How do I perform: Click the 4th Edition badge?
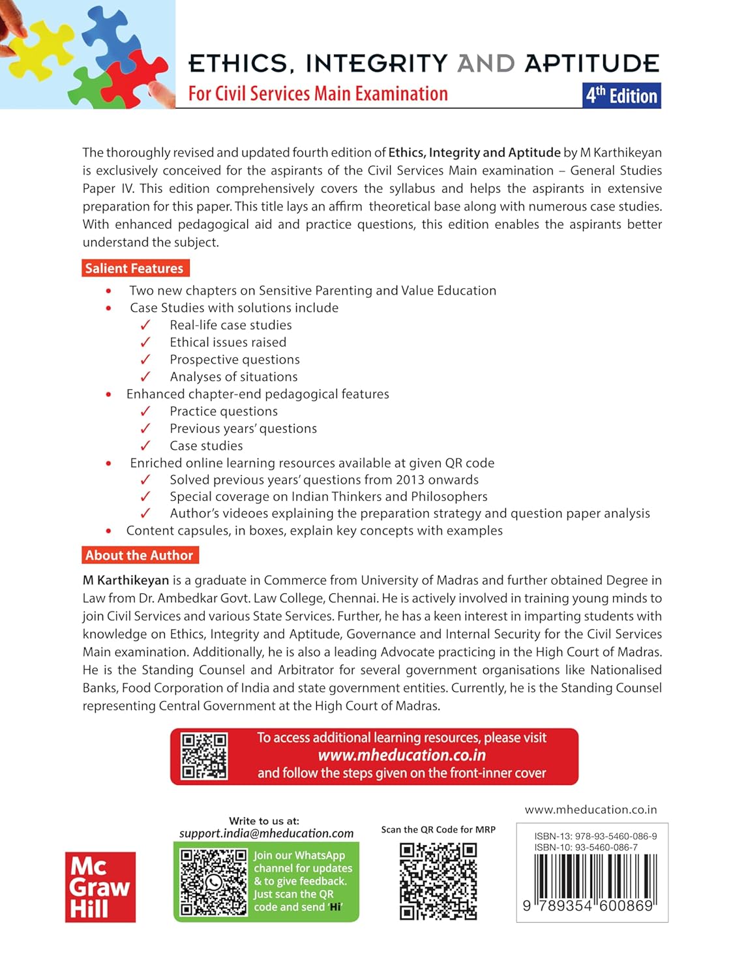[621, 95]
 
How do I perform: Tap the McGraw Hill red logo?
[100, 887]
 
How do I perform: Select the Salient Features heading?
[134, 268]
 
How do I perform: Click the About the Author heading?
[140, 556]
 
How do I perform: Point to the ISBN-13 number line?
[595, 836]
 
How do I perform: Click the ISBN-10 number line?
[586, 847]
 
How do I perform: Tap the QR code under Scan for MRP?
[438, 881]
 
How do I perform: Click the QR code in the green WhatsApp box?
[213, 882]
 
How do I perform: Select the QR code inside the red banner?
[204, 756]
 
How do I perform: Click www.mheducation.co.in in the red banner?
[402, 755]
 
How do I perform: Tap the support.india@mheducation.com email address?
[266, 833]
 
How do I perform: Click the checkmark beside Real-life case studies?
[145, 325]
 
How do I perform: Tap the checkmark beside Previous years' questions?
[145, 428]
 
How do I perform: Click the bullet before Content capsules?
[108, 531]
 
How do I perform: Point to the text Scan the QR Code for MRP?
[438, 829]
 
